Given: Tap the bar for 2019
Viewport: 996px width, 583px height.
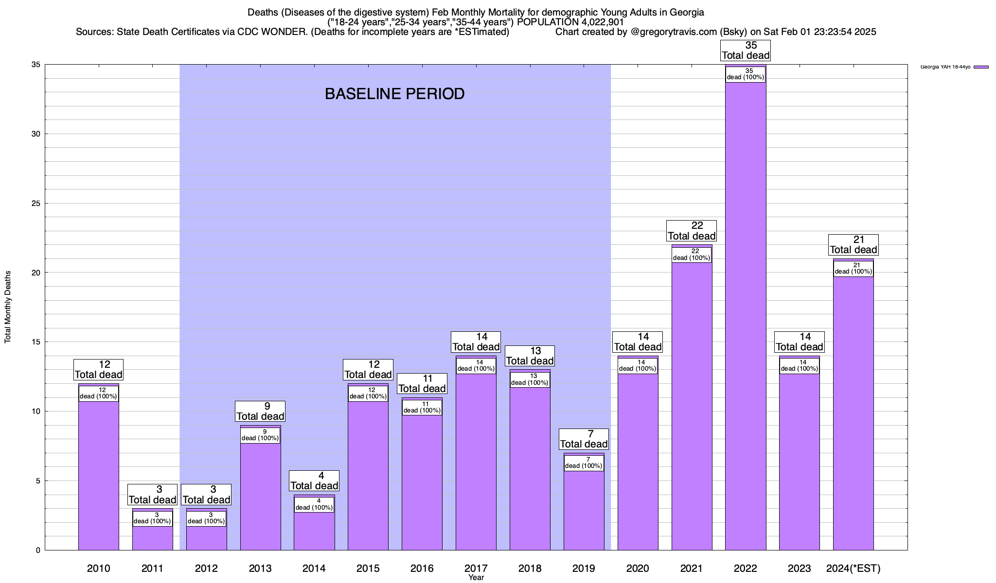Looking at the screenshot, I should tap(584, 510).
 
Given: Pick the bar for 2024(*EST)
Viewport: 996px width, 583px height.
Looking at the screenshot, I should tap(853, 413).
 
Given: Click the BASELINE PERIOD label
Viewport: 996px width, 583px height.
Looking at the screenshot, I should tap(394, 94).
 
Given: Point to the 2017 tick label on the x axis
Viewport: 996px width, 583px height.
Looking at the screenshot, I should tap(476, 568).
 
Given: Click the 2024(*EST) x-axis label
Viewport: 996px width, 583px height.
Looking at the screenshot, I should tap(853, 568).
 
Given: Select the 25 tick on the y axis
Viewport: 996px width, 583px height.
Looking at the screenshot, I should tap(36, 204).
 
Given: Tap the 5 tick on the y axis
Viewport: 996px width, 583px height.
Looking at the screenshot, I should tap(38, 481).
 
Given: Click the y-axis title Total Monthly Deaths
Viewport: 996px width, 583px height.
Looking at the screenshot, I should tap(8, 307).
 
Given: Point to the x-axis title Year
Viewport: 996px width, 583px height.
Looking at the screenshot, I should tap(476, 578).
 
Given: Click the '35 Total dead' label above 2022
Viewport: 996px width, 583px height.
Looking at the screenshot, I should tap(746, 51).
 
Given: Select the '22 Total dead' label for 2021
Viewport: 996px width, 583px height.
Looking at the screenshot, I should tap(691, 231).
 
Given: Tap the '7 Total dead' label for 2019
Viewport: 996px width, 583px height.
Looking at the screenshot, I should tap(584, 439).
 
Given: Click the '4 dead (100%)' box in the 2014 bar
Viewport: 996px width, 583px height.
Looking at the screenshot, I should tap(314, 504).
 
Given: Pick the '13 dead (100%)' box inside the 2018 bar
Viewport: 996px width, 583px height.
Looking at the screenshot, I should tap(530, 379).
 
